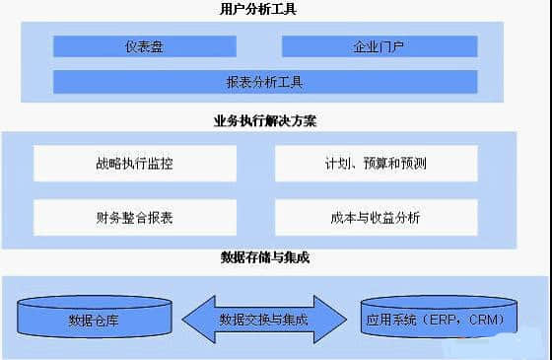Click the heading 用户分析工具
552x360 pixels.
pyautogui.click(x=259, y=10)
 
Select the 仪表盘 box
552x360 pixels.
pyautogui.click(x=144, y=46)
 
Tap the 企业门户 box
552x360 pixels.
pyautogui.click(x=379, y=46)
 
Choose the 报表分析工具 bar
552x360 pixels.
pyautogui.click(x=265, y=82)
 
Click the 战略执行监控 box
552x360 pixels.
pyautogui.click(x=135, y=164)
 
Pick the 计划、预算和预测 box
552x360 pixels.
pyautogui.click(x=376, y=164)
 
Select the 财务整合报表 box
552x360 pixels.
pyautogui.click(x=135, y=217)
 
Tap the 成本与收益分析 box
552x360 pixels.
pyautogui.click(x=376, y=217)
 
